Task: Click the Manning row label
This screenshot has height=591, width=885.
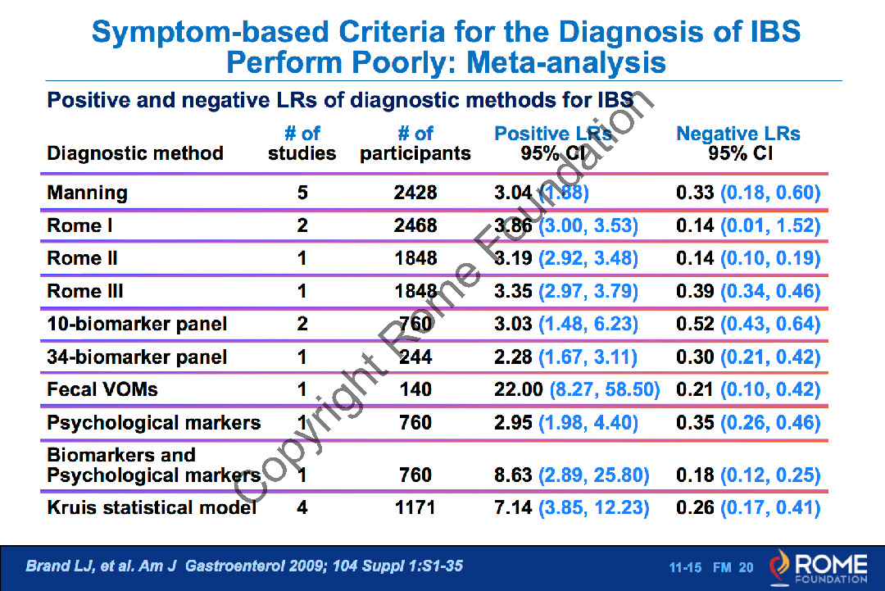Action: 88,193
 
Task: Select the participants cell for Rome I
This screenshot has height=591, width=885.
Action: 415,225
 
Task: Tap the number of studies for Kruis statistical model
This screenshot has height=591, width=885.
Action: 302,507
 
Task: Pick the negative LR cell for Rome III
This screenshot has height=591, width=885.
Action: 748,291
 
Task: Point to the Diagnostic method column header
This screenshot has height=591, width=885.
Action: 135,153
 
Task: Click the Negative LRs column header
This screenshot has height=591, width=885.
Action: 738,143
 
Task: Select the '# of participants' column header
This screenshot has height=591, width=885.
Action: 415,143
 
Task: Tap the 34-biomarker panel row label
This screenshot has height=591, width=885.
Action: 137,357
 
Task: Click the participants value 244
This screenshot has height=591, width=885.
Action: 415,357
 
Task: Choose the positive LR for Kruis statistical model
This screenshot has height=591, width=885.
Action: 571,507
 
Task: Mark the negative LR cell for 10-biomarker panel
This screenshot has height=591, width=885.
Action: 748,324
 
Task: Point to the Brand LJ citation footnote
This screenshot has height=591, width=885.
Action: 244,566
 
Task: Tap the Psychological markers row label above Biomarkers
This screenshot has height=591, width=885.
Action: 154,422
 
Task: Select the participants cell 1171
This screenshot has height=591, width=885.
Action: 415,507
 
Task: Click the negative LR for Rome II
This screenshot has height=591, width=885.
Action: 748,258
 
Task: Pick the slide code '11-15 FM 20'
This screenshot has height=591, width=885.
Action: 710,567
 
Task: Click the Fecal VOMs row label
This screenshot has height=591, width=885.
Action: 102,389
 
